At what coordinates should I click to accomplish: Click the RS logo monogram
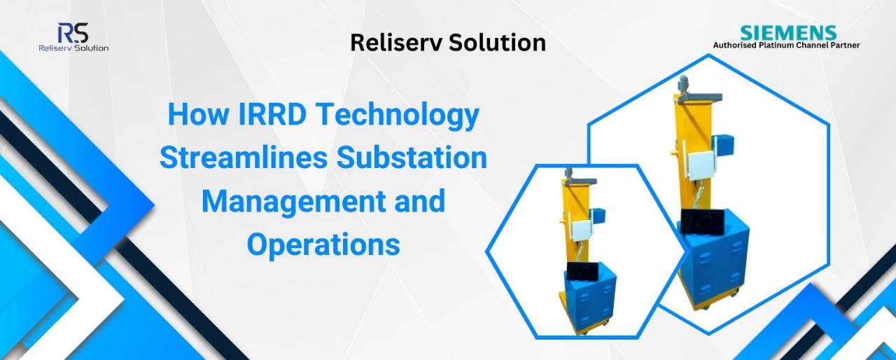(73, 33)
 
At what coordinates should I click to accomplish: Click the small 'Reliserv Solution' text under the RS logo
(73, 48)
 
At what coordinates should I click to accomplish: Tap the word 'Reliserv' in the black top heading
(396, 43)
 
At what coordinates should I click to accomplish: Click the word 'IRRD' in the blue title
(272, 114)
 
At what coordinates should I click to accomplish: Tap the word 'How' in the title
(198, 114)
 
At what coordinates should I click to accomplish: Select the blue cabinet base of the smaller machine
(590, 302)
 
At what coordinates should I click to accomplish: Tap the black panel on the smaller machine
(581, 272)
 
